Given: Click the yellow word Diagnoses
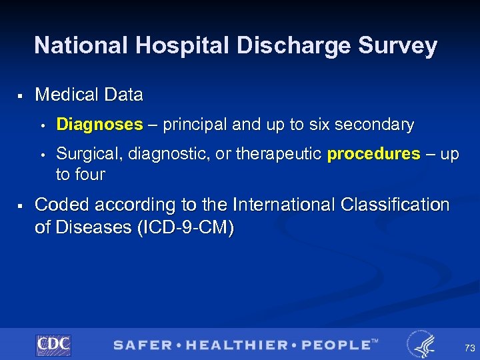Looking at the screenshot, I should pos(99,125).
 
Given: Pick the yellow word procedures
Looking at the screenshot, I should pos(373,154).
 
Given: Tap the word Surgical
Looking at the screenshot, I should pos(83,154).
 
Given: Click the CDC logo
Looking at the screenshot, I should pos(53,345).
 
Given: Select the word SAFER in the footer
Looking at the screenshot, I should pos(141,345).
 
